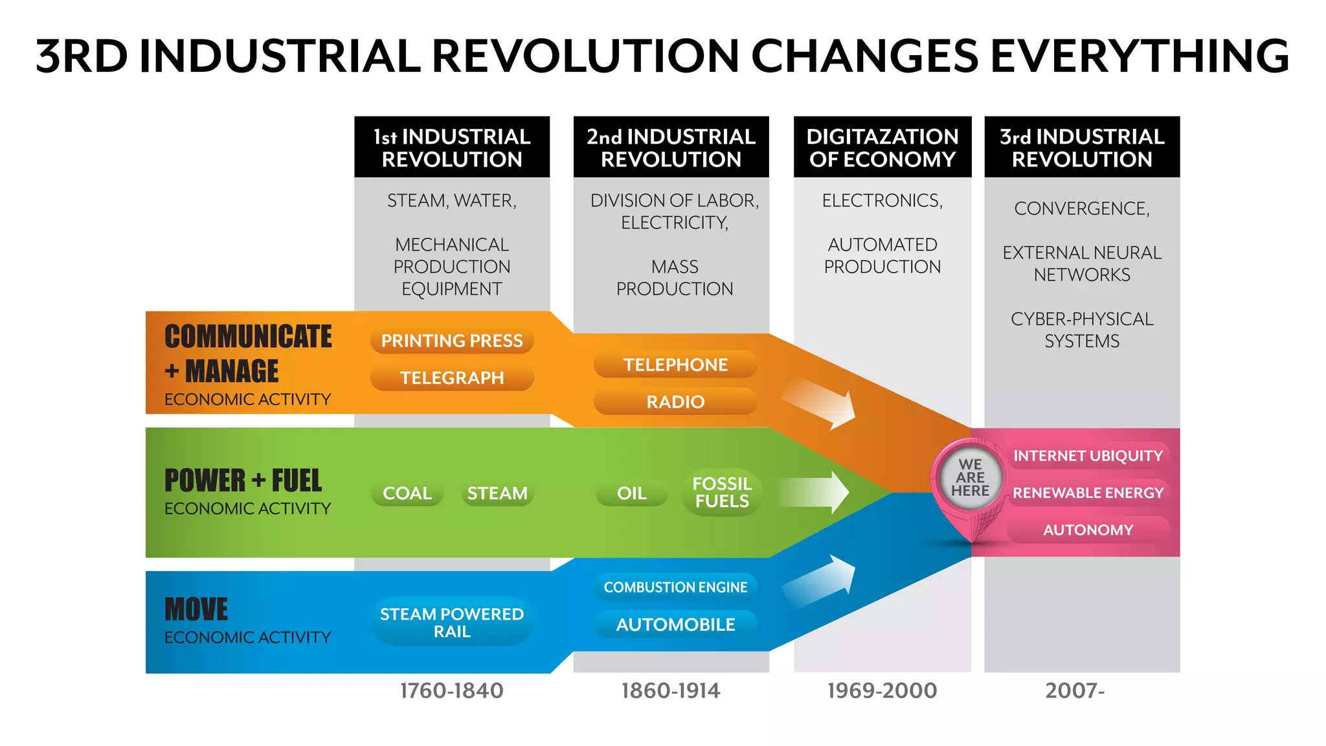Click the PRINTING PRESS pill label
tap(451, 341)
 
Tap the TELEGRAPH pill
tap(451, 378)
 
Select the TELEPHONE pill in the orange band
tap(675, 365)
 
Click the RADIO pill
tap(675, 401)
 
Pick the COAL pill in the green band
tap(407, 493)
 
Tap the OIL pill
tap(631, 493)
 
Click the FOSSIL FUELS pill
tap(722, 493)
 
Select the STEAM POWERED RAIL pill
tap(451, 622)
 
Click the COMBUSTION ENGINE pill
tap(675, 587)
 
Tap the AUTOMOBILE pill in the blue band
tap(675, 624)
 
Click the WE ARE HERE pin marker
tap(970, 479)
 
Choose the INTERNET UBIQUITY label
tap(1088, 456)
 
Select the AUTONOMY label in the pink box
tap(1088, 530)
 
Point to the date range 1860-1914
tap(670, 691)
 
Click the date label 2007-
tap(1075, 691)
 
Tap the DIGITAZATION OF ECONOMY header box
tap(882, 148)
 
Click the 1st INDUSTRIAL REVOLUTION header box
tap(451, 148)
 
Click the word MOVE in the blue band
tap(196, 610)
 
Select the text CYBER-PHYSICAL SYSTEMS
tap(1081, 330)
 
